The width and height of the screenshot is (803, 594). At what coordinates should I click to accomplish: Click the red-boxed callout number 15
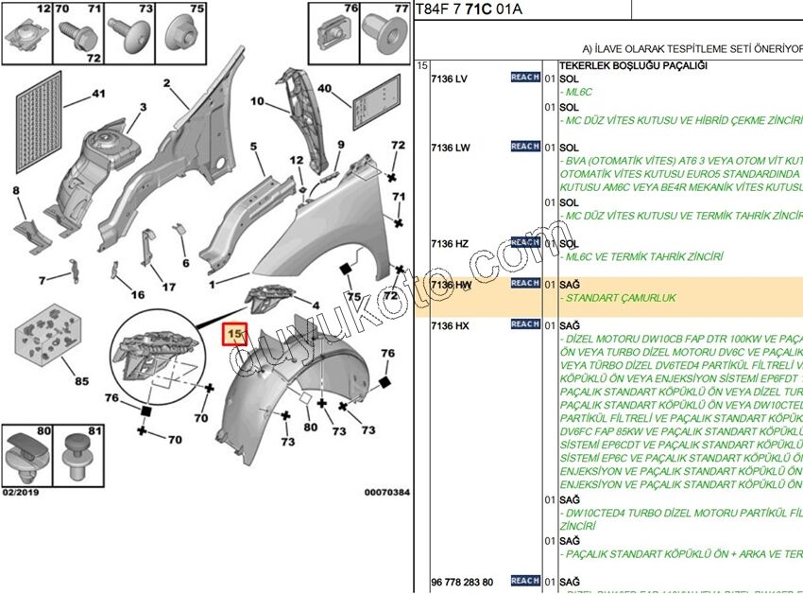click(233, 335)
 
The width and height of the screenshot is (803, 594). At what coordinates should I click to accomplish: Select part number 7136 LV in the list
click(449, 79)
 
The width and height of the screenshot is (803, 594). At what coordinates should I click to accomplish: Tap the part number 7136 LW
click(450, 148)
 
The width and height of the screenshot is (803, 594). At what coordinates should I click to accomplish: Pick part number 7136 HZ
click(449, 244)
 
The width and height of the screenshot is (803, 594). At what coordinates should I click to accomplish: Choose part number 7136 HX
click(449, 325)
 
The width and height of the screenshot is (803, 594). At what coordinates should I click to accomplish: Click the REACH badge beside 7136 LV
click(525, 78)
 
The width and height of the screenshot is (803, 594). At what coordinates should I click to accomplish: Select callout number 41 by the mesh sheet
click(98, 94)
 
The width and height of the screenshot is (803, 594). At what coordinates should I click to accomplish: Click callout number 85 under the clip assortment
click(81, 381)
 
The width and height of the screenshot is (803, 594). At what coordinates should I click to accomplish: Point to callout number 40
click(325, 90)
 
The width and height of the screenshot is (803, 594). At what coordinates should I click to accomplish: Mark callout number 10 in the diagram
click(257, 101)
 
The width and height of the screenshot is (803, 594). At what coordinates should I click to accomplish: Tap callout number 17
click(168, 287)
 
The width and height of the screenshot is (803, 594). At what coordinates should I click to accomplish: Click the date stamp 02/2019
click(20, 492)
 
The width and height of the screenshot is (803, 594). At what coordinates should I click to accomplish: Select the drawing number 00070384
click(387, 492)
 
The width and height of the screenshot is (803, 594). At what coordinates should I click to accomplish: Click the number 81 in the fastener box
click(94, 432)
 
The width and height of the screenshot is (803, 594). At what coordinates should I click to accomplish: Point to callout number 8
click(15, 191)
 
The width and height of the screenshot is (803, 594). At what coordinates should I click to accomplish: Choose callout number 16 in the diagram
click(138, 295)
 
